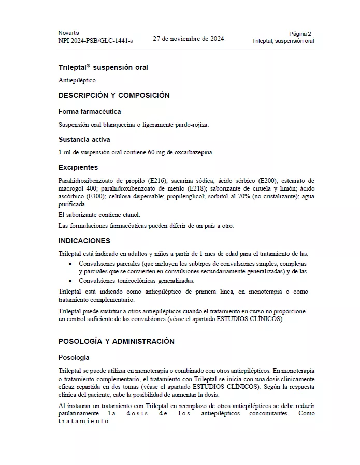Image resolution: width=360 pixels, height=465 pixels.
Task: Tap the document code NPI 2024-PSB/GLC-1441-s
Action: (95, 40)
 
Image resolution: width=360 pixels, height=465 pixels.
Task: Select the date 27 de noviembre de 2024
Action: (189, 38)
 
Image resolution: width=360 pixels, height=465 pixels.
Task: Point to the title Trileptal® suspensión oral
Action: (99, 67)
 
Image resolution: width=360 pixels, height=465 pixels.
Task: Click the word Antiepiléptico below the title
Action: (77, 81)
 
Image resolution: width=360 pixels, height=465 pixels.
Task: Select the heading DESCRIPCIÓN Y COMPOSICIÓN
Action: (114, 96)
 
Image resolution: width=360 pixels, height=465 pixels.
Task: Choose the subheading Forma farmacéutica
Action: (90, 111)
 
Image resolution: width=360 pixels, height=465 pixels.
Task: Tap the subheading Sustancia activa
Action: (84, 139)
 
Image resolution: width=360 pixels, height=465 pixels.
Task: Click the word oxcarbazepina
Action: (193, 152)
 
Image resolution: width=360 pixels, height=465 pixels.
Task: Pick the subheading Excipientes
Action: (78, 167)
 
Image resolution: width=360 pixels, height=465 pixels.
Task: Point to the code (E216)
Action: (157, 180)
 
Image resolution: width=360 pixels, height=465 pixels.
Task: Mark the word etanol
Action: (130, 214)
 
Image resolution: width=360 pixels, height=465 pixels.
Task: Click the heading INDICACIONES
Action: (84, 241)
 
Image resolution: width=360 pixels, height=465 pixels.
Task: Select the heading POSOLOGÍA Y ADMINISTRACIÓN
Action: (116, 341)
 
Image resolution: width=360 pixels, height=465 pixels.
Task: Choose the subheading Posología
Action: (74, 357)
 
